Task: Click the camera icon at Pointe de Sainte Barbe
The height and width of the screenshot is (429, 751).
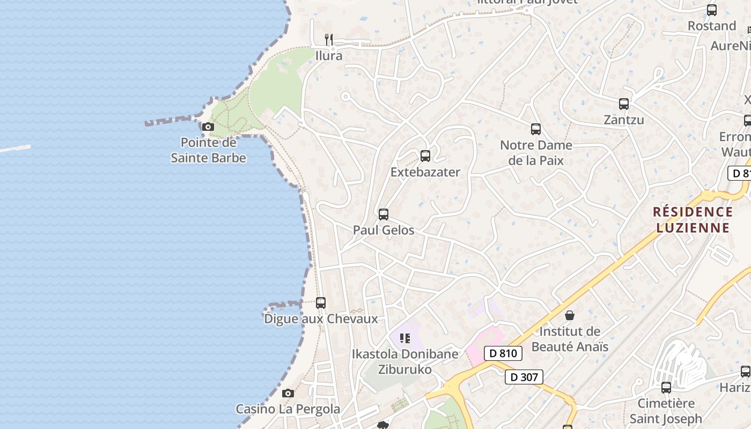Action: [x=208, y=127]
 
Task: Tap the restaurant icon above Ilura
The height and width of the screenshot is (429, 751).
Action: [x=329, y=39]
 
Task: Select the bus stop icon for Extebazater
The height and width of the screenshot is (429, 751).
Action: [x=425, y=156]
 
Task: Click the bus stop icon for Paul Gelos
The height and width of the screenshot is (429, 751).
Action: [x=384, y=214]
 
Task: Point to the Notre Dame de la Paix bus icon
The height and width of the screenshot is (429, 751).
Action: [x=536, y=129]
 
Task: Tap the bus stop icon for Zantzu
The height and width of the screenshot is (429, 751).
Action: [x=624, y=104]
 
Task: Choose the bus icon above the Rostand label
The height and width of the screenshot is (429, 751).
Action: [x=712, y=10]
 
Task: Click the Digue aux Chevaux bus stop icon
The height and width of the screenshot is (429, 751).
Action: [x=321, y=303]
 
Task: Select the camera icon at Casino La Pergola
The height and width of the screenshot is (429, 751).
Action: [x=288, y=394]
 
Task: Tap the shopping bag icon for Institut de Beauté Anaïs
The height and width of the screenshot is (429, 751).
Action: [x=570, y=315]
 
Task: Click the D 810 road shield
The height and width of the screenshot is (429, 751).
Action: [x=503, y=353]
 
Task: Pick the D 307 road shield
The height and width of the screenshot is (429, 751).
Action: [x=524, y=377]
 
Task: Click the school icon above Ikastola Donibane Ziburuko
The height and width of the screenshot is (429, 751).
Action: [x=405, y=338]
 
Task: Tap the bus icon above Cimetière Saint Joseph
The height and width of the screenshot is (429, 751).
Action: [x=666, y=387]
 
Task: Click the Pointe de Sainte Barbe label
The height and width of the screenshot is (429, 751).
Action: [x=208, y=150]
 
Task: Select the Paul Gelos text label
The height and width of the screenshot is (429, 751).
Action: [x=384, y=230]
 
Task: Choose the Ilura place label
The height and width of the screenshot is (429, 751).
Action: [x=329, y=56]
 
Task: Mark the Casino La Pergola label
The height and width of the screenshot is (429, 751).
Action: [x=288, y=409]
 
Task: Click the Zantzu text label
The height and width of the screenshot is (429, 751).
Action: [x=624, y=120]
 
